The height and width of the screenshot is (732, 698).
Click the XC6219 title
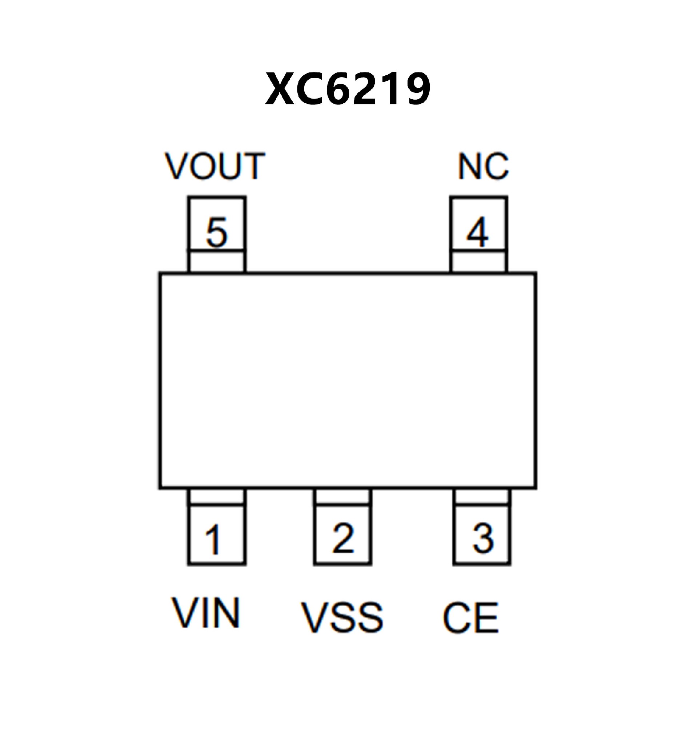[348, 89]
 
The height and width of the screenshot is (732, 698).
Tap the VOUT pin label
[215, 166]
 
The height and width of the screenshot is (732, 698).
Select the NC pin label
[483, 166]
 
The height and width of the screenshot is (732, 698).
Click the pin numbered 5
[217, 233]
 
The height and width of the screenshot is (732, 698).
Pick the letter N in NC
[470, 166]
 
